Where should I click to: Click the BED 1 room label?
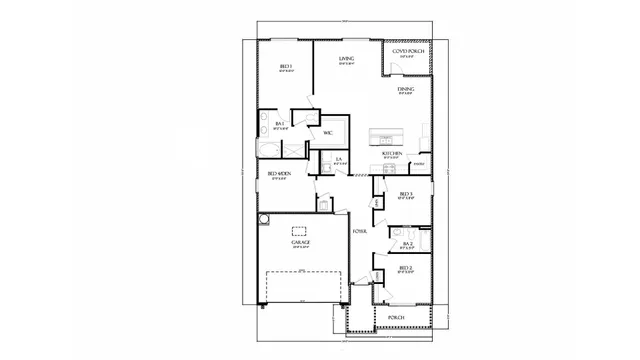tap(285, 67)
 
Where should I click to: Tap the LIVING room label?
tap(346, 59)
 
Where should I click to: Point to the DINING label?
tap(405, 90)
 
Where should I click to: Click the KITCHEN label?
tap(392, 153)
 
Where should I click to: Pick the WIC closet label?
tap(327, 133)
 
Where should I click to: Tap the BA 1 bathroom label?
tap(281, 124)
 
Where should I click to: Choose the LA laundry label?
tap(339, 159)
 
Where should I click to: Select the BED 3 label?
tap(405, 194)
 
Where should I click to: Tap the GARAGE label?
tap(300, 242)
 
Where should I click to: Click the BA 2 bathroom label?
tap(407, 243)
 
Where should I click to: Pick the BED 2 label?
tap(405, 268)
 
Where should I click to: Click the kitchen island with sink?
tap(385, 135)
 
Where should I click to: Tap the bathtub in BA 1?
tap(270, 150)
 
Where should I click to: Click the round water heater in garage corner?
tap(264, 219)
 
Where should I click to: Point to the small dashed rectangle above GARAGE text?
tap(300, 230)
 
